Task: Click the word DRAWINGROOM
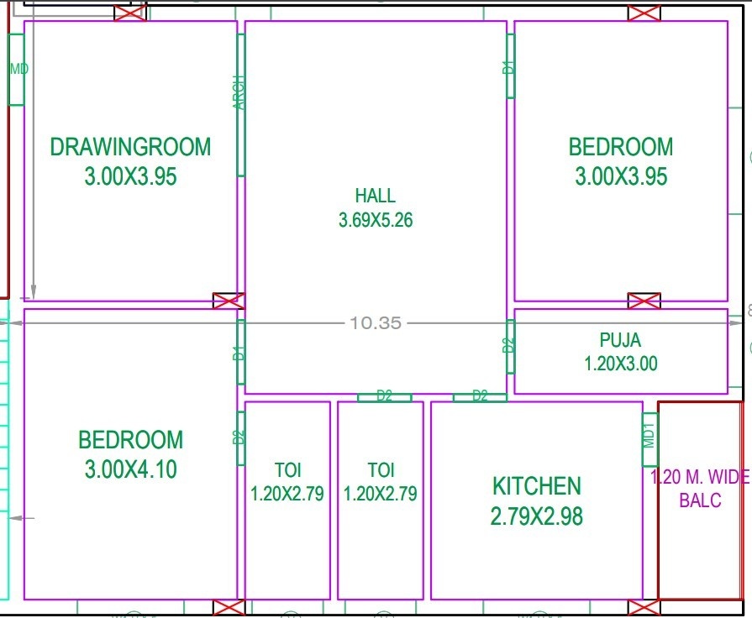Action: [130, 147]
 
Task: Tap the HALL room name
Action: [375, 196]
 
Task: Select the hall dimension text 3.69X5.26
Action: [376, 221]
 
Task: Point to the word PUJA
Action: [620, 340]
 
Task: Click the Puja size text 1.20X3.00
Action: [620, 364]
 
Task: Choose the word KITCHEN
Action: [536, 486]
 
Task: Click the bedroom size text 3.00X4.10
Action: [130, 469]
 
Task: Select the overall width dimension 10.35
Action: [376, 322]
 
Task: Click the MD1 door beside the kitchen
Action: [649, 439]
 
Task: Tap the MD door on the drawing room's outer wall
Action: [16, 70]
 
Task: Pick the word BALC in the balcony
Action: [699, 501]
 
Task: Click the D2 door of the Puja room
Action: [509, 346]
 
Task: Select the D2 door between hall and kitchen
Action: [480, 396]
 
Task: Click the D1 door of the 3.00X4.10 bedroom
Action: [239, 354]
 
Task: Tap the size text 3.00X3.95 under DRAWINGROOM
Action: [130, 176]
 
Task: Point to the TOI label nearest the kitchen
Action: [380, 470]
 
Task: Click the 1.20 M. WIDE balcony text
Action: [700, 478]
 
